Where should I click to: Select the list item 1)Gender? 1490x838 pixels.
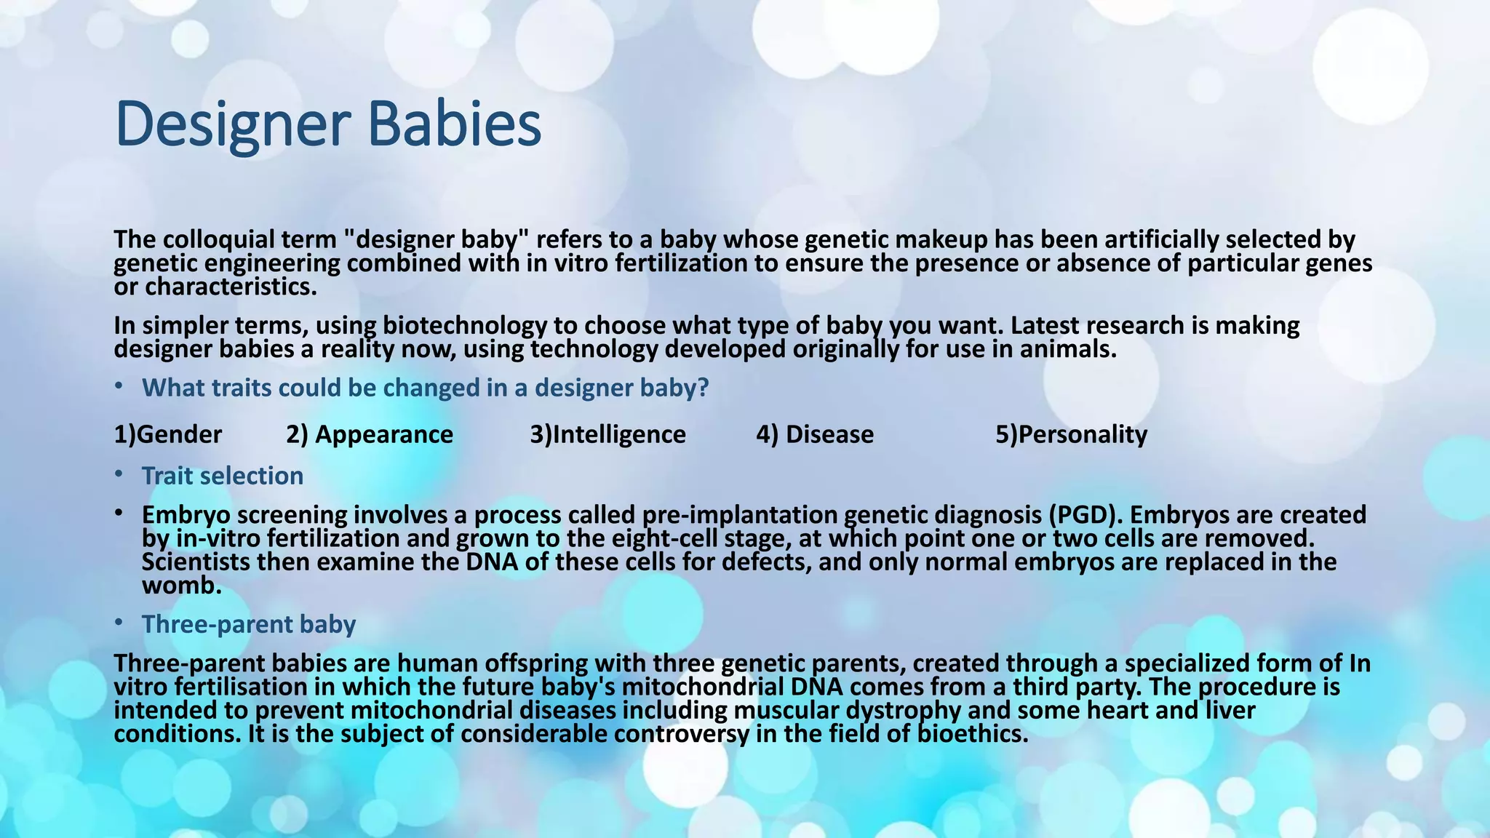click(168, 435)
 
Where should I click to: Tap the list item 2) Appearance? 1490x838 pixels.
click(369, 435)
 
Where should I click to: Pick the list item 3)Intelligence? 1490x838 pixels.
click(607, 435)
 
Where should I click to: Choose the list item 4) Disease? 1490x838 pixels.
click(815, 435)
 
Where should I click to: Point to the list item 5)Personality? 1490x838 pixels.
click(1071, 435)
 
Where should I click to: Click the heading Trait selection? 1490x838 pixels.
click(222, 476)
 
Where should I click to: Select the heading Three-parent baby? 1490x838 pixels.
click(248, 625)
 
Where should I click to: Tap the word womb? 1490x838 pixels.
click(180, 586)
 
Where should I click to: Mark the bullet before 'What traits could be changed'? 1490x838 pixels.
click(119, 387)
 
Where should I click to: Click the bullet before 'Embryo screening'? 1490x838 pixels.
click(119, 514)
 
